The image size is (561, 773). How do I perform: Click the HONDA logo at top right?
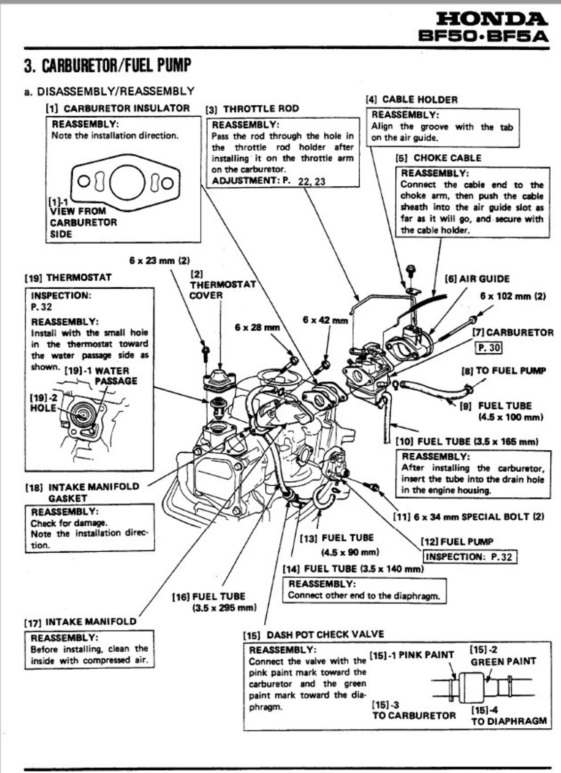pyautogui.click(x=491, y=19)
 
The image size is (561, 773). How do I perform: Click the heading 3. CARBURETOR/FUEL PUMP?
pyautogui.click(x=107, y=66)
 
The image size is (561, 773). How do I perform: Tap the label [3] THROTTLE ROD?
pyautogui.click(x=252, y=109)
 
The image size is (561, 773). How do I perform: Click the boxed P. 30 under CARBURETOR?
pyautogui.click(x=488, y=347)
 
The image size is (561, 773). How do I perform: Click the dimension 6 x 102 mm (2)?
pyautogui.click(x=513, y=296)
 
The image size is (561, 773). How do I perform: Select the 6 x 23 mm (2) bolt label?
pyautogui.click(x=159, y=260)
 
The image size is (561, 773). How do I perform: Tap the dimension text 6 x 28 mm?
pyautogui.click(x=257, y=327)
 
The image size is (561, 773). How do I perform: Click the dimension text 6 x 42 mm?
pyautogui.click(x=325, y=320)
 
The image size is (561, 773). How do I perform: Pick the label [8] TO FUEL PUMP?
pyautogui.click(x=503, y=370)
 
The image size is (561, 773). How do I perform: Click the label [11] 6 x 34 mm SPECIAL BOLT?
pyautogui.click(x=468, y=517)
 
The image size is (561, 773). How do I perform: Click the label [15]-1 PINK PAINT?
pyautogui.click(x=411, y=655)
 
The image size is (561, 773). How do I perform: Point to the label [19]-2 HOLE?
pyautogui.click(x=43, y=403)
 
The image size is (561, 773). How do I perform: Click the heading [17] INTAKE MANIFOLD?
pyautogui.click(x=81, y=622)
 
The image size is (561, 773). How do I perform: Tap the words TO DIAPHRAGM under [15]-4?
pyautogui.click(x=509, y=721)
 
